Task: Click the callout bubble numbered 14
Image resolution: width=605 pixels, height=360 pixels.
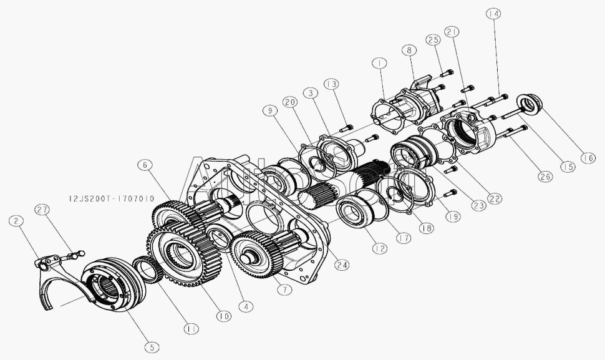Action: [493, 14]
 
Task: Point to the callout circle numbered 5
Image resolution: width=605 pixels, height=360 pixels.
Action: [152, 348]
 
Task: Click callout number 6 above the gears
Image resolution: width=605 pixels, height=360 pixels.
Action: [145, 165]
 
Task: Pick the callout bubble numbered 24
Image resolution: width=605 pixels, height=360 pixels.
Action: [341, 265]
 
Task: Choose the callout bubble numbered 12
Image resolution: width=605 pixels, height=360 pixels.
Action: [379, 249]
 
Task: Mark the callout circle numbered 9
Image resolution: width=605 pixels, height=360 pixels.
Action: [270, 111]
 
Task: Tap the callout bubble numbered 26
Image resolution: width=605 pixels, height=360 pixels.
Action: [545, 177]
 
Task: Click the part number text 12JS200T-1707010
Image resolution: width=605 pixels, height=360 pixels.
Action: [112, 199]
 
